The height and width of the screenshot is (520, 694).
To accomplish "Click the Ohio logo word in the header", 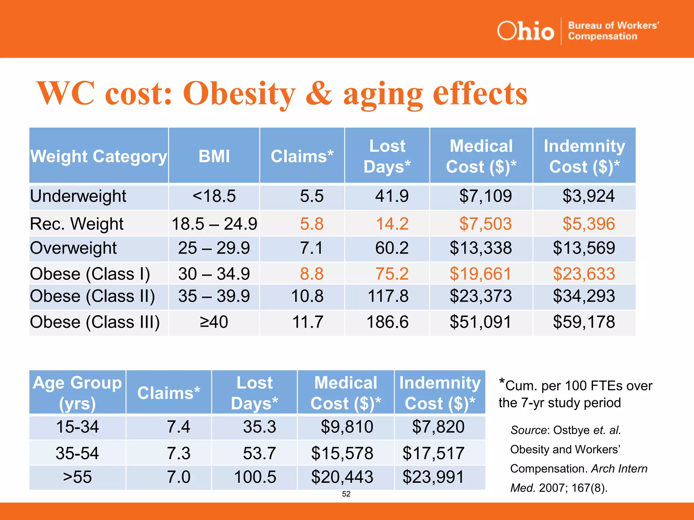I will pos(525,31).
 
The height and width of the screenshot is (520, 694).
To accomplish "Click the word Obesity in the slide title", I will pos(239,94).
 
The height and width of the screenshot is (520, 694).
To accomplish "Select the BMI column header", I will pos(214,156).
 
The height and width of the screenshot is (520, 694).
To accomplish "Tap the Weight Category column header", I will pos(99,156).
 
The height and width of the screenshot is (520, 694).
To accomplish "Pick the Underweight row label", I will pos(78,196).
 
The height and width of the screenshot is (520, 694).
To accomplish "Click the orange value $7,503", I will pos(485,224).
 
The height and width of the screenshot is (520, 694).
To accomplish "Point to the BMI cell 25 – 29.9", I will pos(214,248).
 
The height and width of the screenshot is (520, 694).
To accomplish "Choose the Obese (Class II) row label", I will pos(92,296).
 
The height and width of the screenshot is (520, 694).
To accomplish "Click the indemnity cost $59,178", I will pos(584,322).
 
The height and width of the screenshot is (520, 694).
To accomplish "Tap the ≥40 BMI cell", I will pos(214,322).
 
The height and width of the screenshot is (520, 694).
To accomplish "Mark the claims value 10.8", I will pos(307,296).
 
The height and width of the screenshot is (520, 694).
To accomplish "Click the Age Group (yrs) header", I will pos(77,393).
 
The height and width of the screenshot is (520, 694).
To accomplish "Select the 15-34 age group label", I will pos(77,427).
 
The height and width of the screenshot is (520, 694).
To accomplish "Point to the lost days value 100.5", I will pos(255,477).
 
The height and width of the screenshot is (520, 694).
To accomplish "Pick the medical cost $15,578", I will pos(342,453).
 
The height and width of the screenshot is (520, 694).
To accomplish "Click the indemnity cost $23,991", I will pos(433,477).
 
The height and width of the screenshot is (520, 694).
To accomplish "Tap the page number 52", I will pos(346,494).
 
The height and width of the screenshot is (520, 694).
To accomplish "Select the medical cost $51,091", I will pos(480,322).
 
